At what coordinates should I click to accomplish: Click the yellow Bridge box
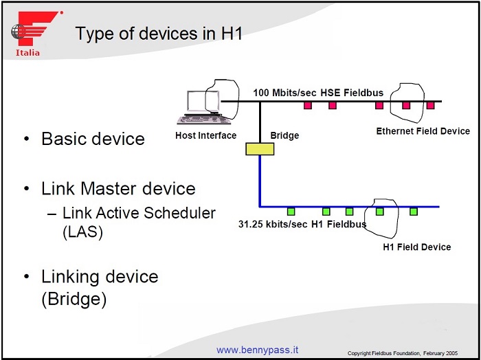(259, 148)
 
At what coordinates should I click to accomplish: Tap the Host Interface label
(205, 135)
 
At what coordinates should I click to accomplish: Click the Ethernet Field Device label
(423, 131)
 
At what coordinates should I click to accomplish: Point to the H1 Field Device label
(416, 247)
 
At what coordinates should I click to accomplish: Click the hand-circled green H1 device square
(379, 212)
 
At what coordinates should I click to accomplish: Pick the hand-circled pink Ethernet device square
(405, 105)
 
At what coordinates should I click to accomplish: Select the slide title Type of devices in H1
(159, 33)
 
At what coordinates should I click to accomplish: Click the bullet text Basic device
(93, 139)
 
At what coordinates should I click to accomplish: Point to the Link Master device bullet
(118, 188)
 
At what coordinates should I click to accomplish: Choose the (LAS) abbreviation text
(82, 232)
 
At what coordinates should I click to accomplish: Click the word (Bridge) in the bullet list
(74, 300)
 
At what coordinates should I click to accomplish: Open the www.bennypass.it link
(258, 350)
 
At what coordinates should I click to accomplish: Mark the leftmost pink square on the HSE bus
(308, 105)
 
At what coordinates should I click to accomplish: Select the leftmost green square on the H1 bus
(291, 212)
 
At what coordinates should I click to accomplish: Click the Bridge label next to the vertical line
(284, 135)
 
